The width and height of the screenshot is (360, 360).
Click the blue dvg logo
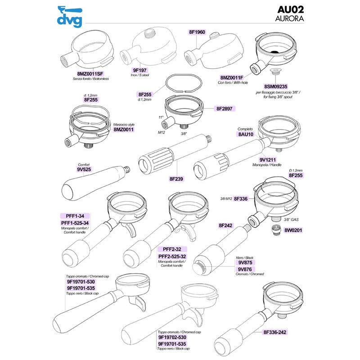click(x=70, y=16)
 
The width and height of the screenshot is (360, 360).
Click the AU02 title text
click(x=290, y=9)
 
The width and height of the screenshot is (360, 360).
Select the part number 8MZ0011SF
click(x=90, y=74)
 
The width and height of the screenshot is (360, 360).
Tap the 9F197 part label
click(x=139, y=70)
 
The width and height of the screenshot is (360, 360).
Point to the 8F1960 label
click(x=197, y=32)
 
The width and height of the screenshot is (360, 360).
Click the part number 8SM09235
click(x=275, y=86)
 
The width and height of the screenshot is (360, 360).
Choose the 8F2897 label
click(x=224, y=108)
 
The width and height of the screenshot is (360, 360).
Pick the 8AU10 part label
click(x=246, y=134)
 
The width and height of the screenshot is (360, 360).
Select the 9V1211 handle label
click(x=267, y=160)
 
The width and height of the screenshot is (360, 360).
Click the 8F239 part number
click(x=176, y=179)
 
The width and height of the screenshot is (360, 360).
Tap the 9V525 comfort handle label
click(x=84, y=170)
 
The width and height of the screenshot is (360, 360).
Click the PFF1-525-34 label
click(x=75, y=223)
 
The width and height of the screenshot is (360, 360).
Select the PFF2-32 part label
click(x=172, y=249)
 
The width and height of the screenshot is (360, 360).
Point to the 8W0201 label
click(x=293, y=230)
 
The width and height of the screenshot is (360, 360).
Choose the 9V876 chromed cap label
click(x=245, y=269)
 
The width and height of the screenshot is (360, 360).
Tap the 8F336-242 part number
click(x=275, y=332)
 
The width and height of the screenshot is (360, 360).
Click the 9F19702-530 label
click(x=172, y=337)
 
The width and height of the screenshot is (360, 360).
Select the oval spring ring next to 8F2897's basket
click(x=184, y=83)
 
